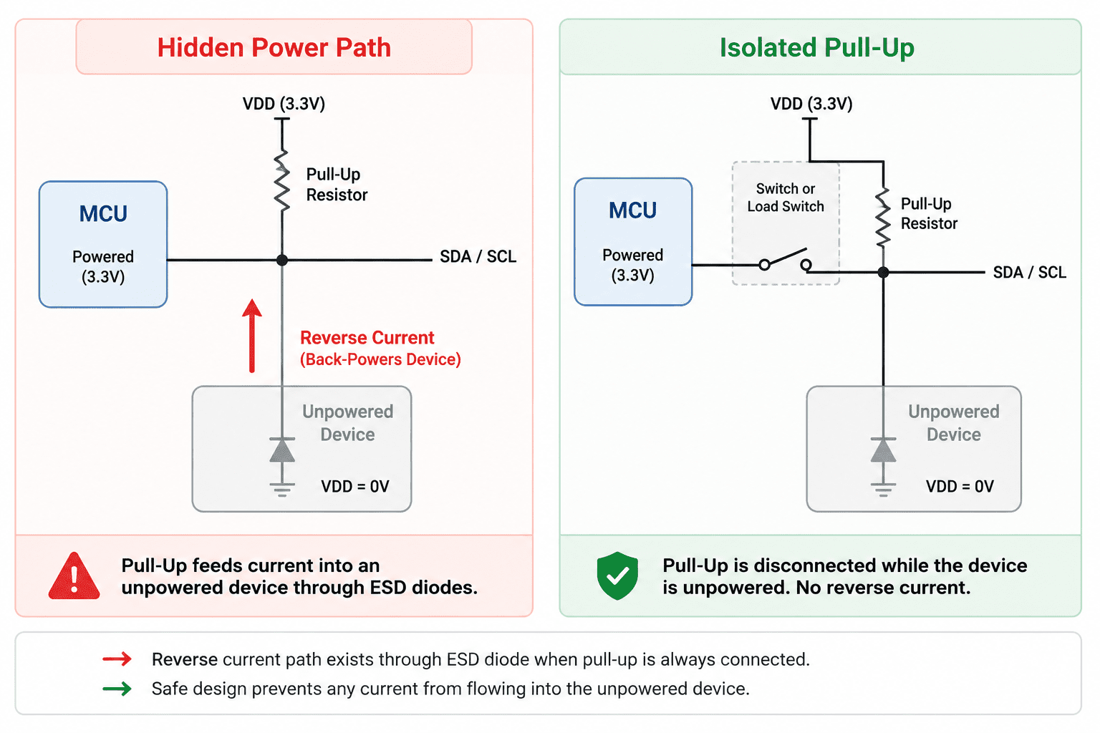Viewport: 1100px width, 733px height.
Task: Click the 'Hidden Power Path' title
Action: click(274, 48)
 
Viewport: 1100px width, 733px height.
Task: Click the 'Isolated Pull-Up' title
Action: click(816, 48)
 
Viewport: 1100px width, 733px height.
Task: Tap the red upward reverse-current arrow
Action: click(252, 336)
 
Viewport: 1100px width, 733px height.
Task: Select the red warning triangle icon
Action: click(74, 576)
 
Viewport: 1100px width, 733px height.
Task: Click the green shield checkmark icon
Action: click(617, 576)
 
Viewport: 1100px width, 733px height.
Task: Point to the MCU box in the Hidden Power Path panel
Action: click(103, 245)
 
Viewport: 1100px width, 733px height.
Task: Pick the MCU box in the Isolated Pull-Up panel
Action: click(633, 241)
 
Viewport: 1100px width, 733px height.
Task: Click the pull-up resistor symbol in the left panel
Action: click(282, 182)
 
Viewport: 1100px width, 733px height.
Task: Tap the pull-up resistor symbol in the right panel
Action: click(883, 216)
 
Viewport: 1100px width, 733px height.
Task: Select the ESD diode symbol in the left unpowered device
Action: click(282, 450)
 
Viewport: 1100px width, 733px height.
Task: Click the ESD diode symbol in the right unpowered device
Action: click(883, 450)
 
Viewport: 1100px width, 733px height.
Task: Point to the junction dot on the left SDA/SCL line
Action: click(282, 260)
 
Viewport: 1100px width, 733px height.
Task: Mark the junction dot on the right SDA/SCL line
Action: click(883, 272)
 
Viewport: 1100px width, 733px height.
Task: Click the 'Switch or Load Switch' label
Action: click(785, 198)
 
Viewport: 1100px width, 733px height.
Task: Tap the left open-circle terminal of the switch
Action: click(764, 265)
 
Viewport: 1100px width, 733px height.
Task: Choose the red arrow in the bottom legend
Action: click(117, 659)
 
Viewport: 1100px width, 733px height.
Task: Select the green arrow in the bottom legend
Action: click(117, 689)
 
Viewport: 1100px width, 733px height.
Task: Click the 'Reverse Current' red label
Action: click(367, 338)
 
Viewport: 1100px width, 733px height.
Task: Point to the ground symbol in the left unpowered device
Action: click(282, 490)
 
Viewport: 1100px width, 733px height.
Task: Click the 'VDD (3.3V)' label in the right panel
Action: click(811, 104)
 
